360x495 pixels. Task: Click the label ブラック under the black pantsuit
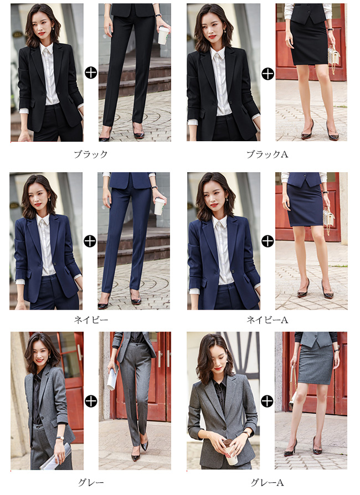pyautogui.click(x=91, y=154)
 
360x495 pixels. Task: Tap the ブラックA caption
pyautogui.click(x=267, y=154)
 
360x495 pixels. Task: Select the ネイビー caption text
pyautogui.click(x=91, y=320)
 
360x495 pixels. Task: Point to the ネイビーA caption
pyautogui.click(x=267, y=320)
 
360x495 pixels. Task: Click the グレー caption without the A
pyautogui.click(x=91, y=482)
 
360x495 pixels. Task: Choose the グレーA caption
pyautogui.click(x=267, y=482)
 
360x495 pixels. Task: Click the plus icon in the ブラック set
pyautogui.click(x=91, y=73)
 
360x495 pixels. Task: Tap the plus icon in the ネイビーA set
pyautogui.click(x=268, y=241)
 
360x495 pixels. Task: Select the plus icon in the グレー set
pyautogui.click(x=91, y=401)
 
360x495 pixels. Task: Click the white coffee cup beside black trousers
pyautogui.click(x=163, y=35)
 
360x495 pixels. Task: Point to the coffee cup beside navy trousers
pyautogui.click(x=159, y=207)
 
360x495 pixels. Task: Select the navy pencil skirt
pyautogui.click(x=305, y=205)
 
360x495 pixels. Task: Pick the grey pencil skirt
pyautogui.click(x=315, y=364)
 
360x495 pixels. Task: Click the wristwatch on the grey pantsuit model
pyautogui.click(x=59, y=438)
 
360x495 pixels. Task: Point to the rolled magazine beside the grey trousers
pyautogui.click(x=112, y=377)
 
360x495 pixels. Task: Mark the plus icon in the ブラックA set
pyautogui.click(x=268, y=74)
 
